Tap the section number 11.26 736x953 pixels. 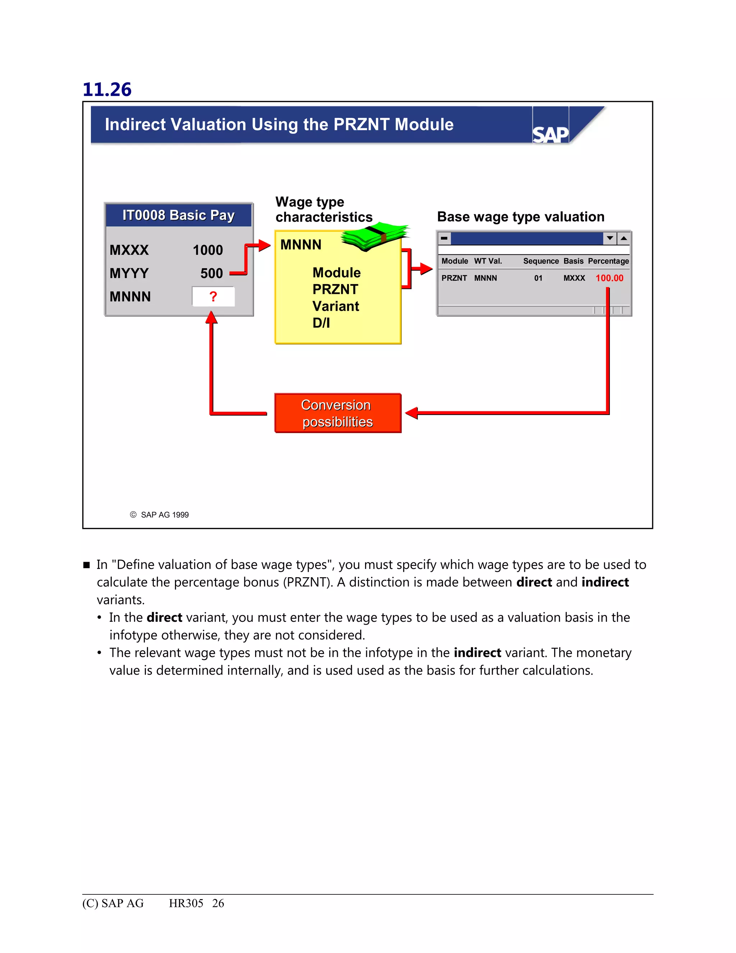[x=107, y=90]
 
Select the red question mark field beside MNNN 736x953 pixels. [x=213, y=297]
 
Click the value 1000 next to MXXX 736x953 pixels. [x=208, y=250]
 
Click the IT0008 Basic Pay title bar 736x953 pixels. [x=178, y=215]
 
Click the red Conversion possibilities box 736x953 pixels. [x=337, y=413]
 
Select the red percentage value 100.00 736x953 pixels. [x=609, y=278]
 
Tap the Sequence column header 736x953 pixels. [x=540, y=261]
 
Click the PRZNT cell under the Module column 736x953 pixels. [x=454, y=278]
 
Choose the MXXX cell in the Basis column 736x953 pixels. [x=574, y=278]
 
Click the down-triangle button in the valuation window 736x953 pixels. [x=609, y=238]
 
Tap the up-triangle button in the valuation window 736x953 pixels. [x=624, y=238]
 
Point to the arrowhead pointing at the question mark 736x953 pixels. [x=211, y=317]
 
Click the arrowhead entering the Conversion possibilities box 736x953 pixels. [x=411, y=413]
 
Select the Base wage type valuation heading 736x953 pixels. [x=521, y=217]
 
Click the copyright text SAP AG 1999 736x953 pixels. [x=164, y=515]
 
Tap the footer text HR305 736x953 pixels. [x=186, y=903]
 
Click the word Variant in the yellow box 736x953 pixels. [x=336, y=306]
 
